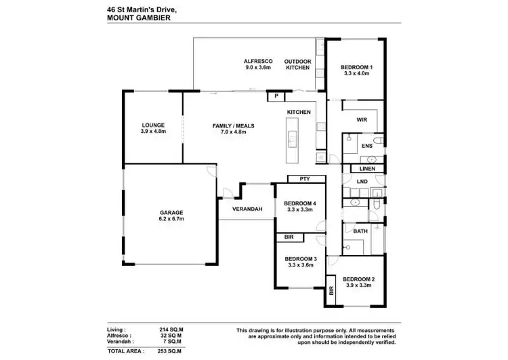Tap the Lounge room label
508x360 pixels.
(x=153, y=125)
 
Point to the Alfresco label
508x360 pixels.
(x=257, y=62)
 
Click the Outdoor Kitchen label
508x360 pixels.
(x=297, y=64)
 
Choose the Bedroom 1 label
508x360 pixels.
(x=356, y=68)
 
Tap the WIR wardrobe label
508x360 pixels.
(x=362, y=120)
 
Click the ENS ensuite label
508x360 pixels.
(x=366, y=146)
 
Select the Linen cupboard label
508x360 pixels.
(x=367, y=168)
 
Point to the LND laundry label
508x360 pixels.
(x=362, y=182)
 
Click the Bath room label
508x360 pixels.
(x=360, y=231)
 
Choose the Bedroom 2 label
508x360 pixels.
(x=359, y=279)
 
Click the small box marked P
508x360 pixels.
(x=276, y=97)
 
